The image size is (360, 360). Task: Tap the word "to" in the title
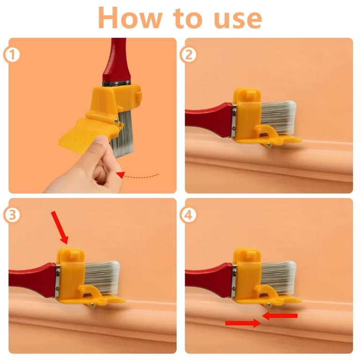pos(187,18)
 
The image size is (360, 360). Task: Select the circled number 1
pos(11,55)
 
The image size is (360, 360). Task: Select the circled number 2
pos(188,55)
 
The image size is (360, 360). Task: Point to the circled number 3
pos(12,215)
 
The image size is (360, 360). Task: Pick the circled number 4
pos(188,215)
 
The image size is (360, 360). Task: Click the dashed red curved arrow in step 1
pos(137,176)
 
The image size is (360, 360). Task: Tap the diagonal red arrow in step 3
pos(60,227)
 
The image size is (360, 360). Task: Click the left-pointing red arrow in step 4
pos(280,315)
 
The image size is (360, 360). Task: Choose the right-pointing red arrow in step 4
pos(243,323)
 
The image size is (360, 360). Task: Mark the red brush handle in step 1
pos(117,60)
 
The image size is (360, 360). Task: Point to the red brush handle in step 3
pos(32,280)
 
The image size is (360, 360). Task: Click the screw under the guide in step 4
pos(268,305)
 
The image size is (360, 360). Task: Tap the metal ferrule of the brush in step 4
pos(234,281)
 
